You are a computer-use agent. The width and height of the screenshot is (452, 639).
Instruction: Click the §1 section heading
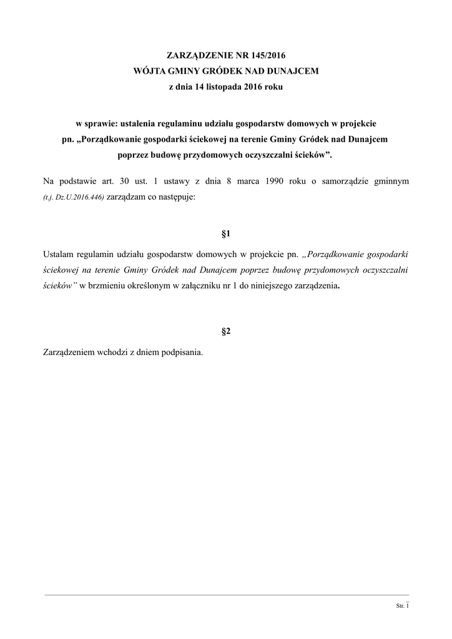coord(226,234)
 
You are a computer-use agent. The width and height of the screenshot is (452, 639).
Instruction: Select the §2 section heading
coord(226,331)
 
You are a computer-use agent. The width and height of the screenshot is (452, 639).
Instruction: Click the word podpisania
coord(182,352)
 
